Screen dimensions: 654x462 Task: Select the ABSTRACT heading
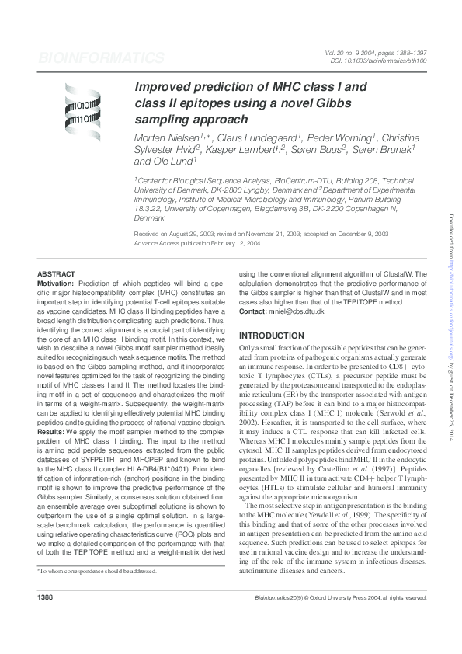pyautogui.click(x=57, y=274)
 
